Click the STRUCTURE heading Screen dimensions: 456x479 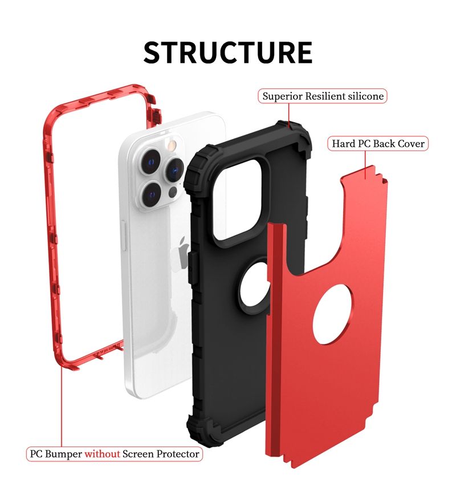click(x=228, y=52)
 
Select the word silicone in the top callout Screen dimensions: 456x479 click(x=366, y=96)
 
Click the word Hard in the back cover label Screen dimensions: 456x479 click(x=343, y=144)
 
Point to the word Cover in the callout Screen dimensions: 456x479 click(x=411, y=144)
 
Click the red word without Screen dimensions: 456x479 click(x=102, y=454)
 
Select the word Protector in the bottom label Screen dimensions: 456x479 click(x=178, y=454)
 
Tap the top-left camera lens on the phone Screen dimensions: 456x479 click(x=150, y=161)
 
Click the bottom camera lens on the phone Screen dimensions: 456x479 click(x=152, y=194)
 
